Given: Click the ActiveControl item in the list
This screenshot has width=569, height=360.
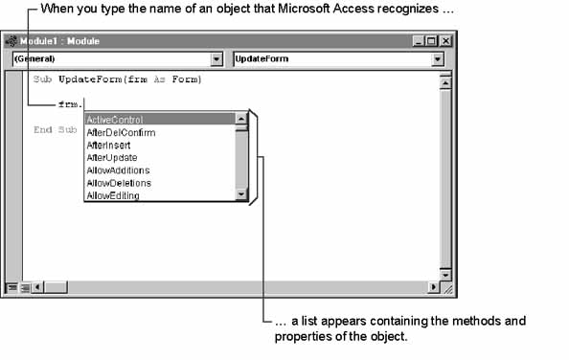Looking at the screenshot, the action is point(115,120).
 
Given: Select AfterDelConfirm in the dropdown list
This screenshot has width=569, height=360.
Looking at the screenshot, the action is point(121,133).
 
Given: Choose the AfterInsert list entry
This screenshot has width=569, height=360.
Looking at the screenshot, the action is point(108,145).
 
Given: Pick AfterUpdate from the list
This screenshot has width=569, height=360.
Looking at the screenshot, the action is point(112,158).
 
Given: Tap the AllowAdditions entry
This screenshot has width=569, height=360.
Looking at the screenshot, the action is point(118,170).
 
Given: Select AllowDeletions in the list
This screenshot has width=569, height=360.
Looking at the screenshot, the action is point(119,183).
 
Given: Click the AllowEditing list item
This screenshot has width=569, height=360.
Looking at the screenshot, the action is point(113,195).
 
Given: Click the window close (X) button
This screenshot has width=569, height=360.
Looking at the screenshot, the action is point(445,41).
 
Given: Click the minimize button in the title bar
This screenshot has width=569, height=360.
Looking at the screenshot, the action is point(419,41).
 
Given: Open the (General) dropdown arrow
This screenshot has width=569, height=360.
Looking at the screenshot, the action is point(216,59).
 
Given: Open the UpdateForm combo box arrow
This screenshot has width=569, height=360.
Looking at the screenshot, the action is point(438,59).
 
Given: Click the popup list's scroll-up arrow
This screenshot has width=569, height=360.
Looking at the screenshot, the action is point(241,119).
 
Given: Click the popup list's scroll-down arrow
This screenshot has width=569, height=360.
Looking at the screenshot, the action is point(241,194).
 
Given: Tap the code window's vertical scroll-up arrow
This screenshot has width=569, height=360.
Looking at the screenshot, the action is point(444,83).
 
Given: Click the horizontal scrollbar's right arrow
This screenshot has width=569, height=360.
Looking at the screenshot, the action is point(433,287).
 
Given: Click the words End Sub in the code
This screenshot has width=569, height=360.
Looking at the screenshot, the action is point(56,129).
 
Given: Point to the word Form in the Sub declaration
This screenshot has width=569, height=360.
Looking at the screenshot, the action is point(185,79).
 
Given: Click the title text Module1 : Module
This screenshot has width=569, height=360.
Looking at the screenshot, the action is point(59,41).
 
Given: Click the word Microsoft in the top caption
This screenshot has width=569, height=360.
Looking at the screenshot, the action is point(304,9).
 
